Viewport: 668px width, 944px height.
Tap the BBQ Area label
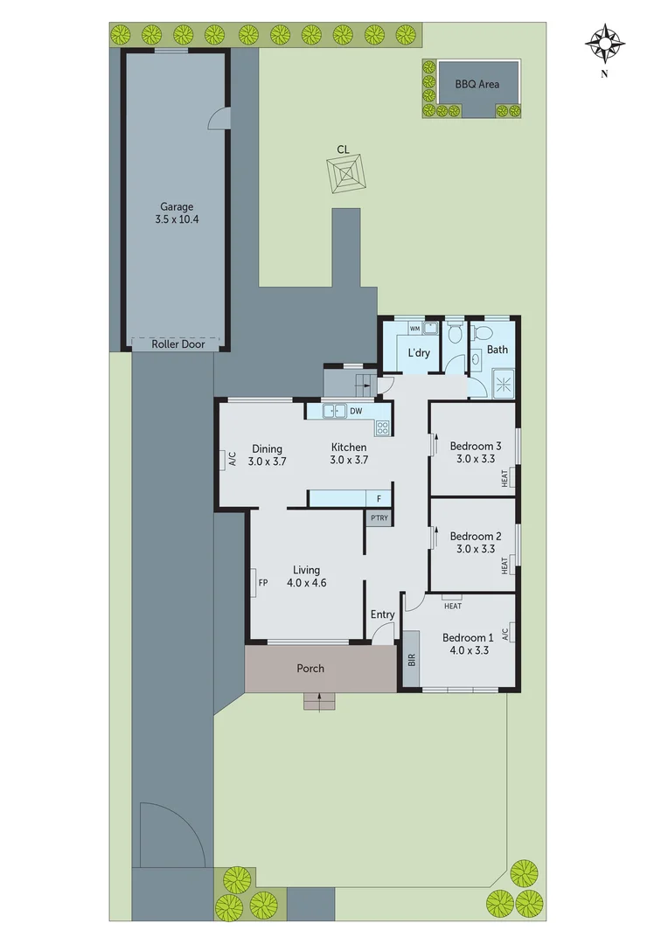(x=477, y=85)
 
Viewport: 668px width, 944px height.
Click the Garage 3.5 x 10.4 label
(x=177, y=213)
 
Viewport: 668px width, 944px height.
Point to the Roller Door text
(x=177, y=344)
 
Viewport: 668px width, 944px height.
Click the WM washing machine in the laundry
(x=417, y=330)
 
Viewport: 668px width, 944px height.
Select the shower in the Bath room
(x=503, y=382)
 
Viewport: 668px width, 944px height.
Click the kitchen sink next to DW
(x=333, y=410)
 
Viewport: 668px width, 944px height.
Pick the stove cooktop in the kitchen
(x=382, y=427)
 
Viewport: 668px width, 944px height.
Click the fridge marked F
(x=379, y=498)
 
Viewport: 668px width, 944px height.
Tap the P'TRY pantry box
(x=379, y=519)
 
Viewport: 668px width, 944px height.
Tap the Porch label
(x=310, y=669)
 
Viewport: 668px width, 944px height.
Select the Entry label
(x=382, y=614)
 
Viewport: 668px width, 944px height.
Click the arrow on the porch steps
(x=320, y=698)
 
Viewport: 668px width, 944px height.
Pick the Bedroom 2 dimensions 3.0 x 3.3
(x=473, y=549)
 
